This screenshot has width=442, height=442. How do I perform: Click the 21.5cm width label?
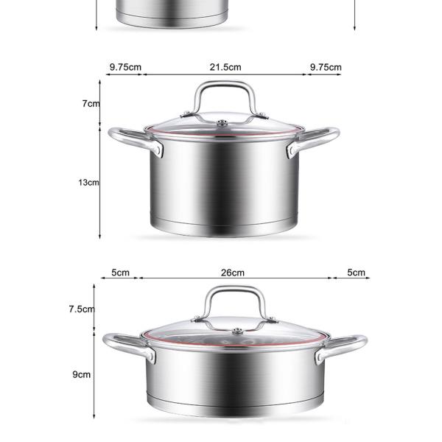pos(225,67)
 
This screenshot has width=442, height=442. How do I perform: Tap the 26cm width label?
pos(232,273)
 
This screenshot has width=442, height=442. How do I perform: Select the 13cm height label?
pos(88,182)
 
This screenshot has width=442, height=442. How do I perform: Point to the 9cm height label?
pos(81,374)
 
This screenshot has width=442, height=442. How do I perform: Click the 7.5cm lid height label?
pos(82,309)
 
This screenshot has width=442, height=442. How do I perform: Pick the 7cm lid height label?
pos(90,104)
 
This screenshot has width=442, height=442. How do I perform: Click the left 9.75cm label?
pos(125,67)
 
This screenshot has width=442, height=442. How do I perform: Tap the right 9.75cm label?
pos(325,67)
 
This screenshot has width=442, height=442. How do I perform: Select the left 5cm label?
pos(120,273)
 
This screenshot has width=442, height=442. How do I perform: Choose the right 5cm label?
pos(357,273)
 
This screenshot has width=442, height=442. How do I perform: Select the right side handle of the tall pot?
pos(315,139)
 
